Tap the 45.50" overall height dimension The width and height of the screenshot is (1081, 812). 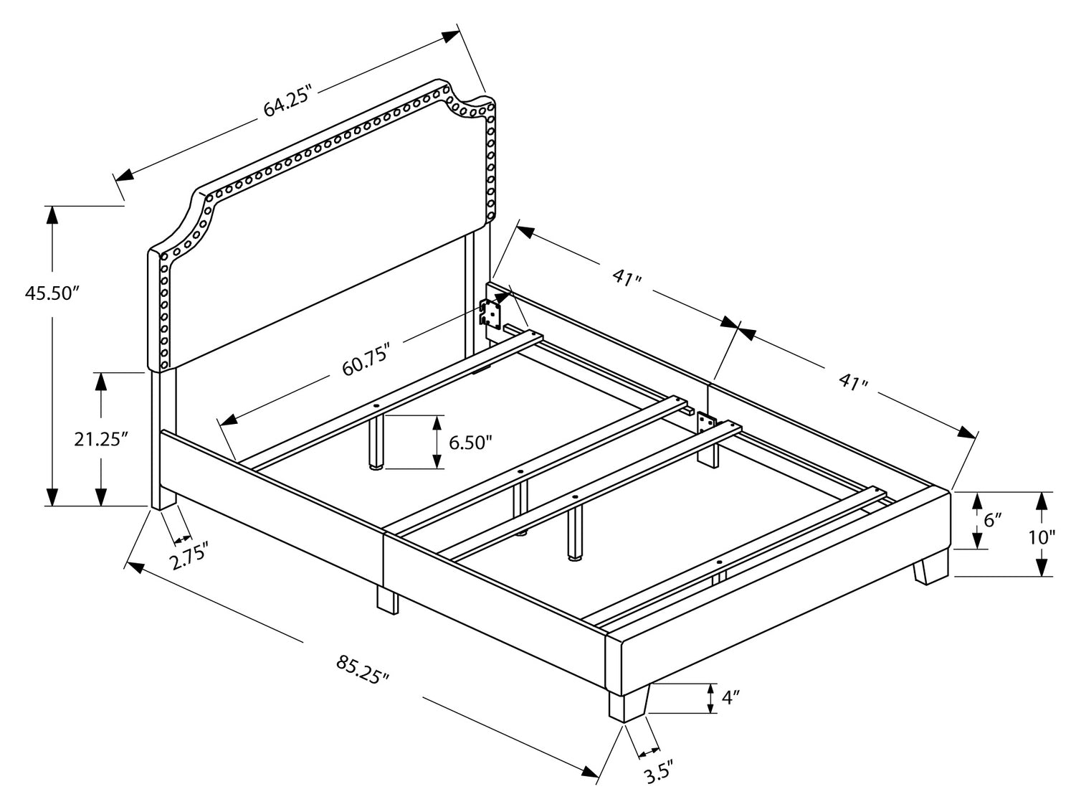tap(51, 293)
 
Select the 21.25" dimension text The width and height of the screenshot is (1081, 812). tap(101, 439)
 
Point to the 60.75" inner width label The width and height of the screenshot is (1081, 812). tap(366, 359)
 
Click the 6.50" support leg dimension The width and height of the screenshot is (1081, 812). tap(470, 443)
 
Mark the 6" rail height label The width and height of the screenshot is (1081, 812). tap(992, 520)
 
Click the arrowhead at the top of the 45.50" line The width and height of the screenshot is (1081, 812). tap(52, 214)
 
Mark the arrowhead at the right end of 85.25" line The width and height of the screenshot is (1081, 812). tap(589, 771)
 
